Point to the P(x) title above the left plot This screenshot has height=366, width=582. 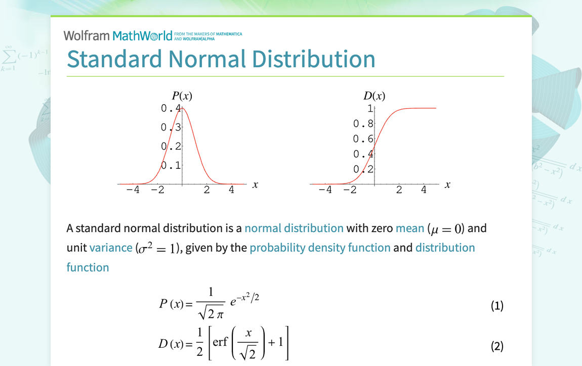tap(182, 96)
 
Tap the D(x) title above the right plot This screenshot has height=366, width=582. tap(374, 96)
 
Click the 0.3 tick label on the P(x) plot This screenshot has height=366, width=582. tap(171, 127)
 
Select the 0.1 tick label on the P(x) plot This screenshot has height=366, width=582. tap(171, 165)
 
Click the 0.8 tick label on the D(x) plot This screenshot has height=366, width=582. tap(363, 123)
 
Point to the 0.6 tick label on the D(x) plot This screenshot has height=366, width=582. tap(363, 139)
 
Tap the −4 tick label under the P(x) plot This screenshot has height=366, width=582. tap(133, 190)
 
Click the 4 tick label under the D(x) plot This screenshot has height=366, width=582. tap(424, 190)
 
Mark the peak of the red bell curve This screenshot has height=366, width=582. tap(182, 108)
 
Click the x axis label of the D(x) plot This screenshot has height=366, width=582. tap(447, 185)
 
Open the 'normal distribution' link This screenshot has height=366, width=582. tap(294, 228)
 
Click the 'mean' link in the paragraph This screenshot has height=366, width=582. tap(410, 228)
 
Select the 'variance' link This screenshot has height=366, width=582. tap(111, 248)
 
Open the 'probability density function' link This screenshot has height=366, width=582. tap(320, 248)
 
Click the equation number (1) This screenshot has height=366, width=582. tap(497, 305)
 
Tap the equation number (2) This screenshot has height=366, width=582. tap(497, 346)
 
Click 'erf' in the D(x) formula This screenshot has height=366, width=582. tap(220, 342)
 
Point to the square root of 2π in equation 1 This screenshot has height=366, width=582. tap(212, 313)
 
